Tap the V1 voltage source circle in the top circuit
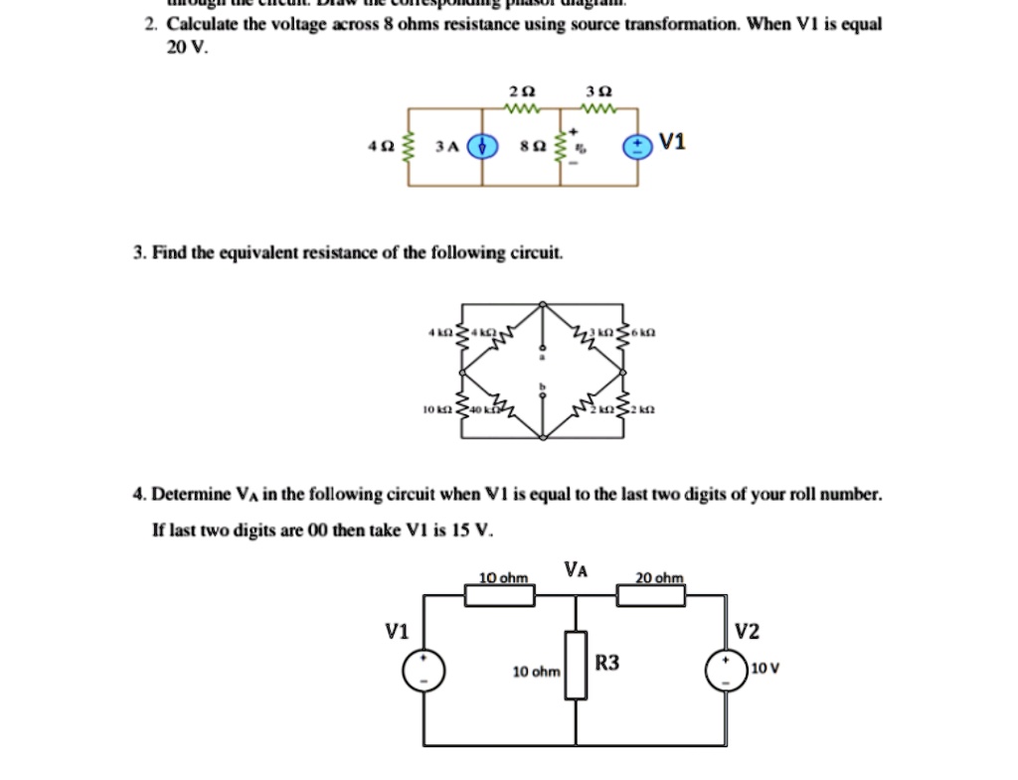point(634,147)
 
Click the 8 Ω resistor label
point(535,147)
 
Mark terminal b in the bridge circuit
point(543,386)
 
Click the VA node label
point(576,569)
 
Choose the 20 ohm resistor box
point(651,595)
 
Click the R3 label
point(607,662)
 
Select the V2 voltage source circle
point(726,672)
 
